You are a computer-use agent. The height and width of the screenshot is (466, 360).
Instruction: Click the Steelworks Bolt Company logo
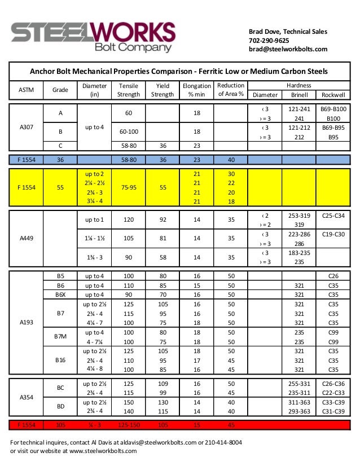93,37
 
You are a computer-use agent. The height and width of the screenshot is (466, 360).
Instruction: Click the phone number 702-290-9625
269,41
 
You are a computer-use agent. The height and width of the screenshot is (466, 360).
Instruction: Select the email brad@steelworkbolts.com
288,50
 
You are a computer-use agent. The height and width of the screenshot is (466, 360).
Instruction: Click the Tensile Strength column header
128,90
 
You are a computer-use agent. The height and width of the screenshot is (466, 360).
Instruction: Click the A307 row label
25,127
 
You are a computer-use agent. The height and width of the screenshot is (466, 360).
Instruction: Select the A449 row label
25,239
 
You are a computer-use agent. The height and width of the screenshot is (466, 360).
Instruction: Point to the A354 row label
25,397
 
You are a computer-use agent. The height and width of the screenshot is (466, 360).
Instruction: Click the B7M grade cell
60,337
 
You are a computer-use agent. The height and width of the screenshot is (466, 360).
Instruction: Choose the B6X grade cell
60,294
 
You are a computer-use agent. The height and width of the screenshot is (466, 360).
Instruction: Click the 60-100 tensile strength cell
128,131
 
